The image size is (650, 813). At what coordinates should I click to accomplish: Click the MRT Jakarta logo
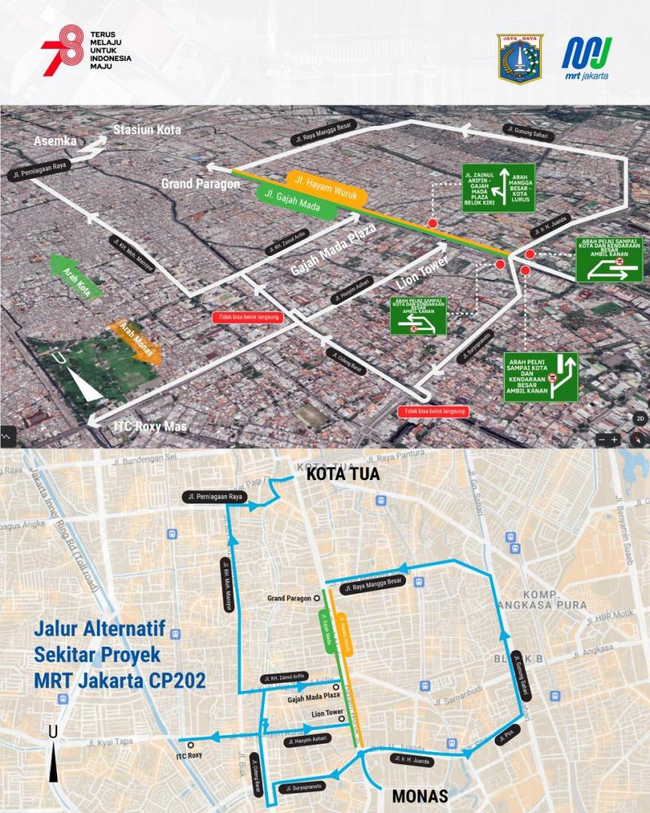point(587,57)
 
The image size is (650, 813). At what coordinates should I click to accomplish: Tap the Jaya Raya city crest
point(520,58)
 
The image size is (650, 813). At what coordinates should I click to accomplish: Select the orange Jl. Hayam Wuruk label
point(326,188)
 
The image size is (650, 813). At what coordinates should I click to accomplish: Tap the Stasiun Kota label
point(147,129)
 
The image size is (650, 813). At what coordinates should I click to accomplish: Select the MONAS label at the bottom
point(419,796)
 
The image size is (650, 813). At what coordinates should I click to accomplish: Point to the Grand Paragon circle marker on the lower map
point(317,598)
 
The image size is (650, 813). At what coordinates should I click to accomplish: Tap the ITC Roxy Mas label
point(150,427)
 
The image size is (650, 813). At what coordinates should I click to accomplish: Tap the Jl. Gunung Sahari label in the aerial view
point(527,133)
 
